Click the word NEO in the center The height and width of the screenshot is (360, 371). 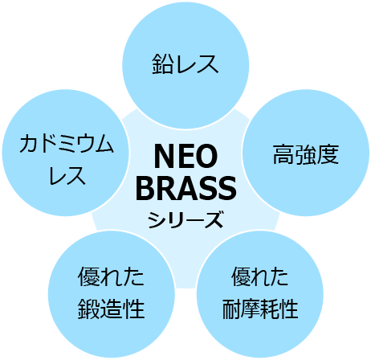pos(185,157)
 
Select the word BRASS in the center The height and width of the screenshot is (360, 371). pos(186,188)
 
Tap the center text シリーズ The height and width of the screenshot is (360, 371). pos(185,219)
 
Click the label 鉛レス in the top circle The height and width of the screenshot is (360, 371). pos(185,63)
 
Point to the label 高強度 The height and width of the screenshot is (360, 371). pos(306,154)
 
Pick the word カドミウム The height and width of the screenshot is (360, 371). pos(67,144)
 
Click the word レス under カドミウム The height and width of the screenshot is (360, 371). pos(67,175)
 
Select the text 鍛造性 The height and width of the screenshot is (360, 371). pos(111,309)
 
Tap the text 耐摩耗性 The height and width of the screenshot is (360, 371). pos(260,309)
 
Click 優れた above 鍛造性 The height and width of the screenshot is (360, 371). pos(111,277)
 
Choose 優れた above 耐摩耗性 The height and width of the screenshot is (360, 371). pos(260,277)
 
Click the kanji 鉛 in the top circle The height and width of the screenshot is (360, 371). pos(163,63)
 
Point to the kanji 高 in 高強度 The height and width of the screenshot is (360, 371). pos(283,154)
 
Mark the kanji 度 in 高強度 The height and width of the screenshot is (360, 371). pos(328,154)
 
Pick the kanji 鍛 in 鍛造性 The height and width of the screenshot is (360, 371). pos(88,309)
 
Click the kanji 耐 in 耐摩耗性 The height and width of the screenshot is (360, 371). pos(231,309)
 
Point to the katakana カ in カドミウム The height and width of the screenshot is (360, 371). pos(29,144)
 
